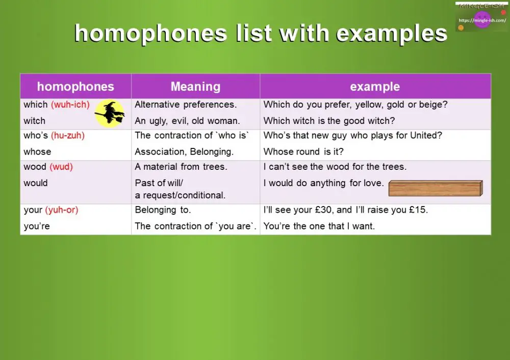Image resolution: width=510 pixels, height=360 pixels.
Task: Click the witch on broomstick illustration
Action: coord(110,113)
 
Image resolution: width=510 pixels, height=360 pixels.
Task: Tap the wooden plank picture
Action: coord(435,188)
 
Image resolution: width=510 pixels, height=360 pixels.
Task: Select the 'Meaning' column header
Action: coord(195,87)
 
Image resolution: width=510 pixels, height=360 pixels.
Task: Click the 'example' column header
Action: coord(375,87)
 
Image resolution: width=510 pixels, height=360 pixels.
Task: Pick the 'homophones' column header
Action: coord(75,87)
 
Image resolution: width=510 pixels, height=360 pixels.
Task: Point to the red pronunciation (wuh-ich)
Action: coord(70,105)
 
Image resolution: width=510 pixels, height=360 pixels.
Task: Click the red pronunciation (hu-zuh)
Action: coord(68,136)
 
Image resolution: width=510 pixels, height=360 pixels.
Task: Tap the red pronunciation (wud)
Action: coord(61,167)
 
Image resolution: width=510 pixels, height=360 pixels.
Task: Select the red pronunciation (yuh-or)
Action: coord(61,210)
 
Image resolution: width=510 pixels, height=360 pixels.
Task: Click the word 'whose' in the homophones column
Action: coord(37,152)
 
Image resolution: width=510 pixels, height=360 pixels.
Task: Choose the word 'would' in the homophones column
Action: coord(36,183)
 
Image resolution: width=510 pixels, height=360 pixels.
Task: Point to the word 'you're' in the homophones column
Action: coord(37,226)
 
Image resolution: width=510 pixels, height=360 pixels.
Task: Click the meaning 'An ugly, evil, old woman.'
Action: coord(187,121)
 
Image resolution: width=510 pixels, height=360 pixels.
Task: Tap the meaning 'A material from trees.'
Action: coord(181,167)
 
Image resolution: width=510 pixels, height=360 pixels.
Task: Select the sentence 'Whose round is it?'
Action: coord(303,152)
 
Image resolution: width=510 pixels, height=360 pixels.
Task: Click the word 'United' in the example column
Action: coord(427,136)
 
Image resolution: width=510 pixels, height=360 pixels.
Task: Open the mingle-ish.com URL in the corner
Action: coord(482,20)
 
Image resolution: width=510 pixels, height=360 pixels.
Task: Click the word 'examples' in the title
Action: coord(392,34)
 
